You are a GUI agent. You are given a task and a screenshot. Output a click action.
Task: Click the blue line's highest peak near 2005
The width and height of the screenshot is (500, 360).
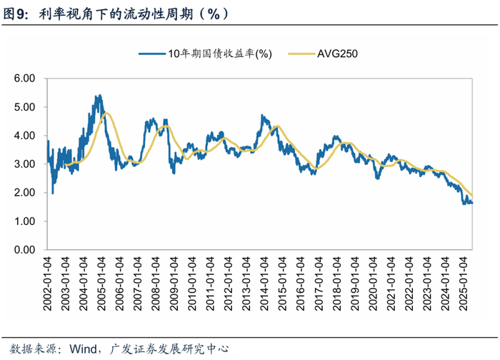point(99,95)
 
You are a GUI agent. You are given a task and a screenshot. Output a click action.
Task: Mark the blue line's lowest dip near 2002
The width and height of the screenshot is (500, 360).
point(53,193)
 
